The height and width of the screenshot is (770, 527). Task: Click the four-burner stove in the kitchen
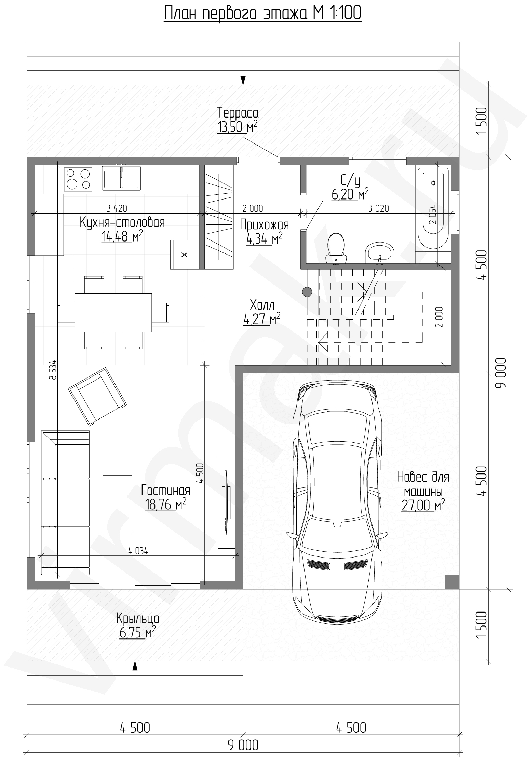click(x=78, y=179)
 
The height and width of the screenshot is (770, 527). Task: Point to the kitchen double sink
click(x=121, y=178)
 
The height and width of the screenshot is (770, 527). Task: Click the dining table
click(x=113, y=312)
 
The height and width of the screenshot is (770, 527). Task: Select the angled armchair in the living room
click(x=97, y=396)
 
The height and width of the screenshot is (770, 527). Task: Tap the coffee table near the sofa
click(x=117, y=504)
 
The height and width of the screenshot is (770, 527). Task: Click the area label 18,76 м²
click(x=165, y=505)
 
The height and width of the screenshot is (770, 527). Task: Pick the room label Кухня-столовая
click(x=122, y=223)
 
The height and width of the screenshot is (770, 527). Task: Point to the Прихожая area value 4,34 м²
click(x=264, y=239)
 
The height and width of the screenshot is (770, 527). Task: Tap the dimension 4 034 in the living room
click(x=138, y=550)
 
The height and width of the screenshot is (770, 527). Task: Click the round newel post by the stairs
click(x=307, y=291)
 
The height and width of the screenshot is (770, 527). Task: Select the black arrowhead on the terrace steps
click(x=243, y=80)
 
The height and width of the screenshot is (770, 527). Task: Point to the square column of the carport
click(x=452, y=582)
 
